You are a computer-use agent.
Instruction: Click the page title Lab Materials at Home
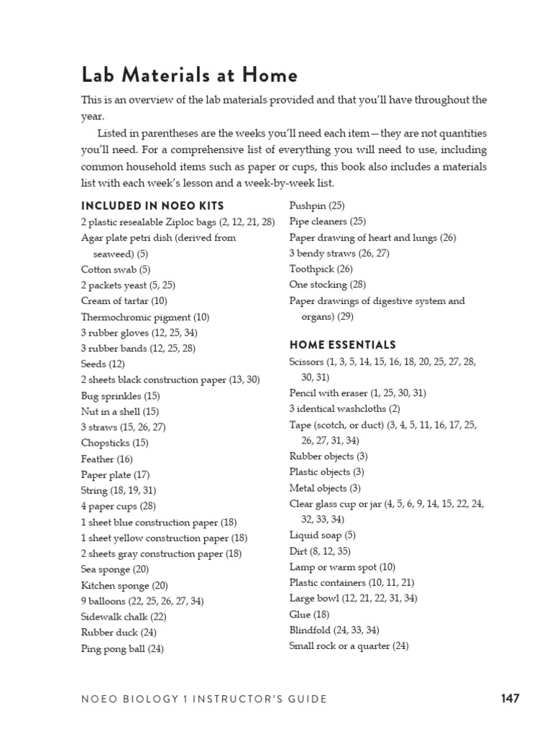click(189, 75)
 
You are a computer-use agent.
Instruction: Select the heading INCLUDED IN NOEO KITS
click(152, 206)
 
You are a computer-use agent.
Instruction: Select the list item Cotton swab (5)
click(116, 270)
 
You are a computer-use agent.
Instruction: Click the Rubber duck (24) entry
click(119, 632)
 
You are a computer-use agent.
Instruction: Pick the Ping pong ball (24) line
click(122, 648)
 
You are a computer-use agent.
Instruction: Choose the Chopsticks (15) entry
click(115, 443)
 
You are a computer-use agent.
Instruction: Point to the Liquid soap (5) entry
click(322, 535)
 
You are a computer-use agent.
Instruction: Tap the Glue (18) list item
click(309, 615)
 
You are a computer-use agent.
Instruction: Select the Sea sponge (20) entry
click(115, 569)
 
